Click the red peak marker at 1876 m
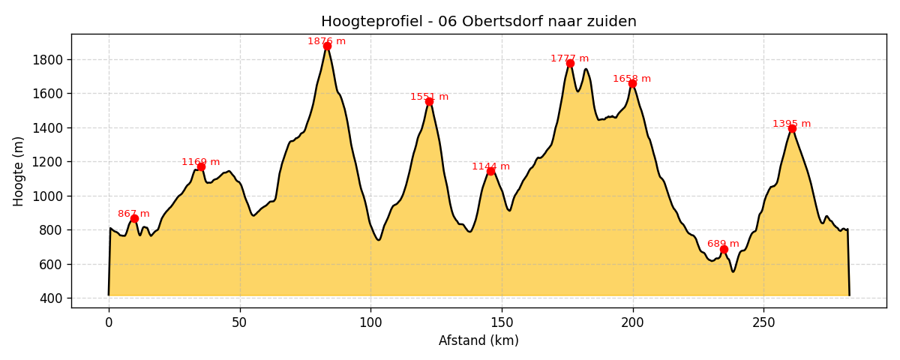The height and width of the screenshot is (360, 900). point(327,46)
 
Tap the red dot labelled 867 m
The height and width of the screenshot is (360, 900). point(134,218)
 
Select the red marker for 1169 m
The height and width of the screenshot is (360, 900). point(201,166)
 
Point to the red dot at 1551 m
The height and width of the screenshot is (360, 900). point(429,101)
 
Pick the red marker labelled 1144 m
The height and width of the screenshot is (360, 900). point(490,171)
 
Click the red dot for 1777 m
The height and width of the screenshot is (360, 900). point(570,63)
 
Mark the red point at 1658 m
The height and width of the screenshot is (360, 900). point(632,83)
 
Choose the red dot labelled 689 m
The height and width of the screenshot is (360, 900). point(724,249)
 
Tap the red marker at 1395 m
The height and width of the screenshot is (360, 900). point(792,128)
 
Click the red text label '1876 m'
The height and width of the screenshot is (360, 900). point(327,41)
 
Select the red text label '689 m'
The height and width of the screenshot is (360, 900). point(723,244)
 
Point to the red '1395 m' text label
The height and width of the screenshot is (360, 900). point(791,124)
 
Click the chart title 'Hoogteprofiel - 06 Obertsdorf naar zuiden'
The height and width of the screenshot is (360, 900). point(478,22)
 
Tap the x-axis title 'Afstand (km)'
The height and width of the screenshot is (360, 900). point(478,340)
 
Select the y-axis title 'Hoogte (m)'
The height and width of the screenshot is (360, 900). point(19,171)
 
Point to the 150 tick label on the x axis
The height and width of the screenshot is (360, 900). point(502,322)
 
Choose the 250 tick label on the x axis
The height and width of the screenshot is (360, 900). point(763,322)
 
